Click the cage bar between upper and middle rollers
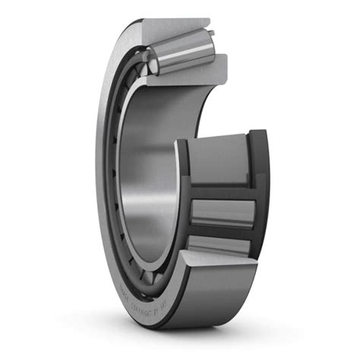point(220,191)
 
